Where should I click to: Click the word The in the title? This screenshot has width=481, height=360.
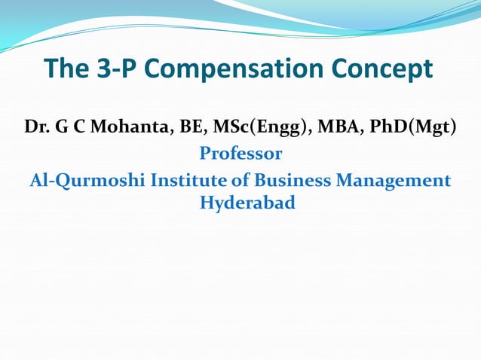click(67, 69)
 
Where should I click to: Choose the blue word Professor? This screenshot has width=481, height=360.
click(240, 154)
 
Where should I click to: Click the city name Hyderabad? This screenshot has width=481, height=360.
click(247, 203)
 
